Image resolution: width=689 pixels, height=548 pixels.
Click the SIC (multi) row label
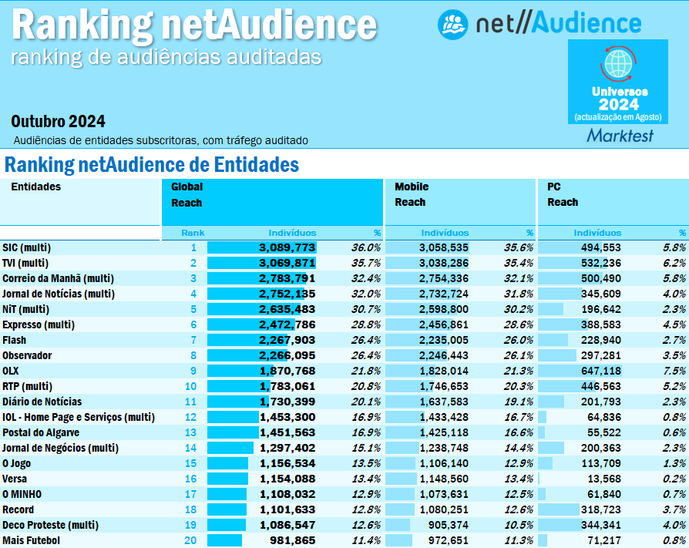click(x=26, y=247)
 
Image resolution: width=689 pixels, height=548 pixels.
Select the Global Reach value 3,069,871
click(x=287, y=263)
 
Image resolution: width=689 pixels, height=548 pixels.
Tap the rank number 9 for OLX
click(x=193, y=371)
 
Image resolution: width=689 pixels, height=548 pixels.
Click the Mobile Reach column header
click(x=411, y=194)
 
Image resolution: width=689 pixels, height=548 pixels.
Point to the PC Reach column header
click(x=563, y=194)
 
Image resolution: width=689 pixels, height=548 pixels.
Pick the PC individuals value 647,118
click(x=595, y=371)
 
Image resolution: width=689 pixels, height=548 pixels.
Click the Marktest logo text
click(x=620, y=136)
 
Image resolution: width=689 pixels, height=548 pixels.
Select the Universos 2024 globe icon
click(x=618, y=62)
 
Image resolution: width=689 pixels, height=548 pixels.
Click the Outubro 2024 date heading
click(x=58, y=122)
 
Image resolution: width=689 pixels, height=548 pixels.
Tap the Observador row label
click(x=27, y=355)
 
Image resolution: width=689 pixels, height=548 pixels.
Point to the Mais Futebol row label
click(x=31, y=540)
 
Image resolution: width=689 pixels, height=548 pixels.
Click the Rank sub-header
click(x=193, y=232)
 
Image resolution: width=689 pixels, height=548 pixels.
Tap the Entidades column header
click(x=35, y=187)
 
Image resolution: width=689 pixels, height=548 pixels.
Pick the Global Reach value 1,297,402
click(x=287, y=448)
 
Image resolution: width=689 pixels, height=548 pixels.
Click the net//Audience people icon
click(x=452, y=25)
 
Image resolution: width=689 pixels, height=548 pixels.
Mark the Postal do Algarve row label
click(x=41, y=432)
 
